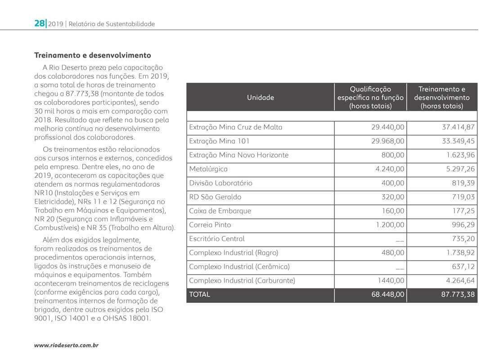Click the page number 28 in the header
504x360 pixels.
39,23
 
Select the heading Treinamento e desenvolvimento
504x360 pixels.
93,55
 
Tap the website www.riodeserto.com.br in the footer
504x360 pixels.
67,345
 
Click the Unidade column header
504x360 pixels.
260,97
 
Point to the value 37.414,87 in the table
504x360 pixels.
458,127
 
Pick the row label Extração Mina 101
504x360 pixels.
219,141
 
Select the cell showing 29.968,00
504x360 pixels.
388,141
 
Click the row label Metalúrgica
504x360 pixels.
208,169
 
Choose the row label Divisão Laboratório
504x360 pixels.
220,183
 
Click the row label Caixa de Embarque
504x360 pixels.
220,211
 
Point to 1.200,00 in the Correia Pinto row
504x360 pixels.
390,225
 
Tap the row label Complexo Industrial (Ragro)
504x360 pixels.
234,252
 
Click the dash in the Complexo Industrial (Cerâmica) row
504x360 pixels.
399,267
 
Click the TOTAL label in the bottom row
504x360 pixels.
199,295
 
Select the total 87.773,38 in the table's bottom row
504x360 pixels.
458,295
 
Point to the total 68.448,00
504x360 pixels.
387,295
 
